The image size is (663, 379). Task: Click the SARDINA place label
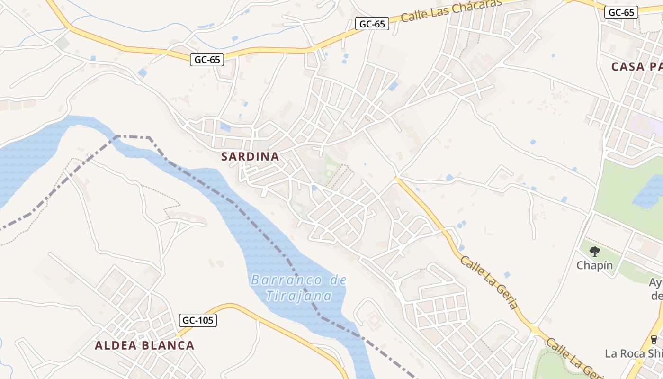pyautogui.click(x=250, y=157)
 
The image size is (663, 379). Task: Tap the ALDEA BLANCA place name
pyautogui.click(x=144, y=345)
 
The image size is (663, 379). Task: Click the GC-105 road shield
pyautogui.click(x=198, y=320)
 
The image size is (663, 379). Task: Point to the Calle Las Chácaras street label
pyautogui.click(x=451, y=11)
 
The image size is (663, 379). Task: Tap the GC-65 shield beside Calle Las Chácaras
pyautogui.click(x=372, y=24)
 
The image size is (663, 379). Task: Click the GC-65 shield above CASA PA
pyautogui.click(x=621, y=12)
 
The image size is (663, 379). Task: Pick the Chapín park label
pyautogui.click(x=594, y=265)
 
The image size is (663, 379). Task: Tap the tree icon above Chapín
pyautogui.click(x=595, y=252)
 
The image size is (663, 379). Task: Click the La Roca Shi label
pyautogui.click(x=634, y=353)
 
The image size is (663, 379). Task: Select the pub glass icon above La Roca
pyautogui.click(x=654, y=339)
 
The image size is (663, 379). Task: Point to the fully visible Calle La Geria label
pyautogui.click(x=490, y=282)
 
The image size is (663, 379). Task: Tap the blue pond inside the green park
pyautogui.click(x=649, y=192)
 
